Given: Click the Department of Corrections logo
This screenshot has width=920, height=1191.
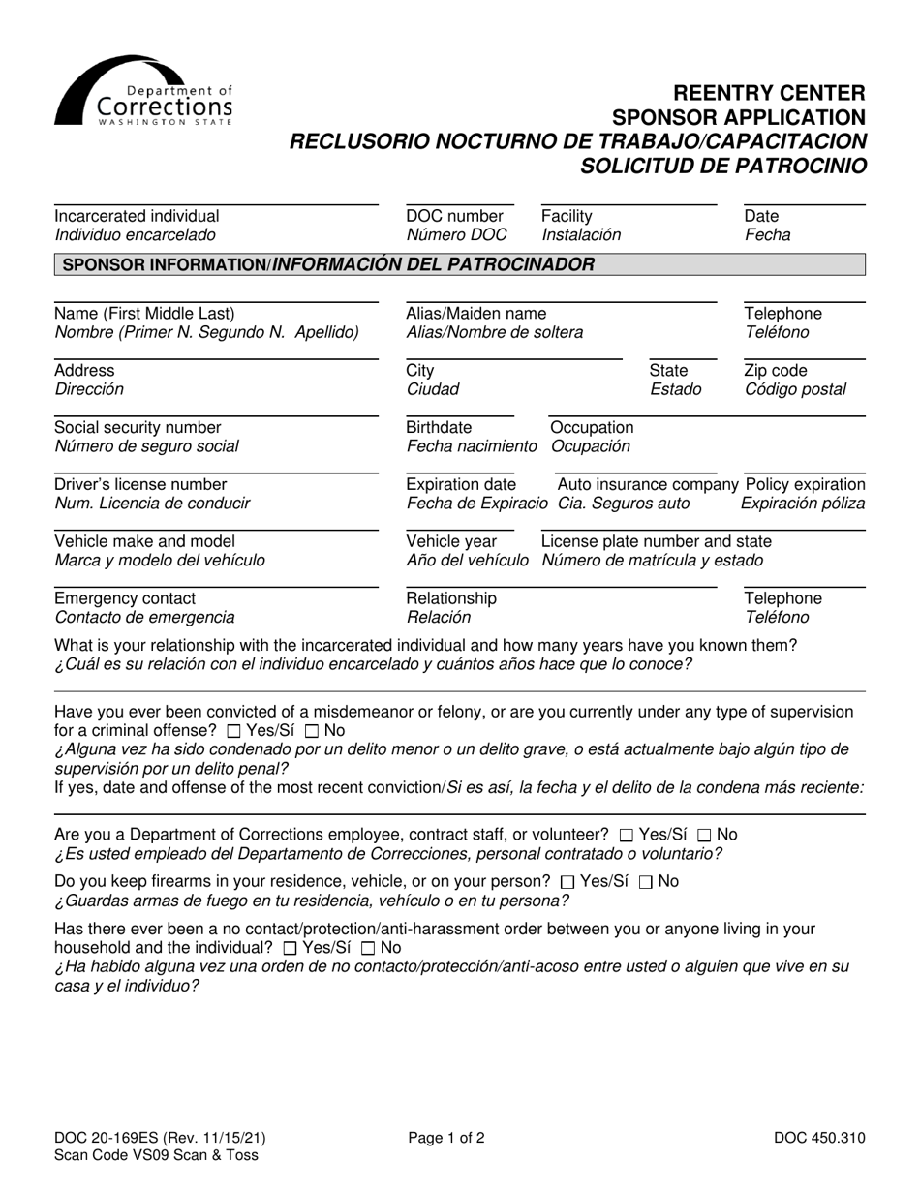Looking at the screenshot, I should tap(143, 92).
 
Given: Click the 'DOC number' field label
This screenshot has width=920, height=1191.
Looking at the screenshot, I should tap(454, 216).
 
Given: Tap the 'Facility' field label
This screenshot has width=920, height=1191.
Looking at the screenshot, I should tap(567, 216).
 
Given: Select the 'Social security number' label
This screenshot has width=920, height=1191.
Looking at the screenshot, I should tap(138, 427).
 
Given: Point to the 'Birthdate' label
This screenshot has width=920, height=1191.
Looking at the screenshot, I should tap(439, 427).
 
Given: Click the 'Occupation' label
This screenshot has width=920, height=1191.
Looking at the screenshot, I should tap(592, 427).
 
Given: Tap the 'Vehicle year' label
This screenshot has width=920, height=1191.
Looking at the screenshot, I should tap(451, 541).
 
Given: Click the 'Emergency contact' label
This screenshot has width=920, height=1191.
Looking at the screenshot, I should tap(125, 598).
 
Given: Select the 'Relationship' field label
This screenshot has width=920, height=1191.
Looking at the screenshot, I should tap(451, 598).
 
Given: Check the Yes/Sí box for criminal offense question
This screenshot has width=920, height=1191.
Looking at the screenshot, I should tap(233, 731).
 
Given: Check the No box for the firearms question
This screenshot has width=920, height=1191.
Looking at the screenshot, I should tap(647, 882).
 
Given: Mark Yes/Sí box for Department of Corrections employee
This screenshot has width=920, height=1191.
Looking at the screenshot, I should tap(627, 835).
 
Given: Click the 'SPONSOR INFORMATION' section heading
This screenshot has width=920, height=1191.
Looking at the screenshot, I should tap(328, 264).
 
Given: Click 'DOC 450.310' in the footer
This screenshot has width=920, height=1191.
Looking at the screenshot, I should tap(819, 1138).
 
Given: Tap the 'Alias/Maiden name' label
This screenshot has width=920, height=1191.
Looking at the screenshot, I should tap(475, 314).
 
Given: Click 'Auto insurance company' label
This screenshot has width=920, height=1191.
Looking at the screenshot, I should tap(647, 484).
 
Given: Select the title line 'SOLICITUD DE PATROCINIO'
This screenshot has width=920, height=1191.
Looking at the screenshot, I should tap(722, 165).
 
